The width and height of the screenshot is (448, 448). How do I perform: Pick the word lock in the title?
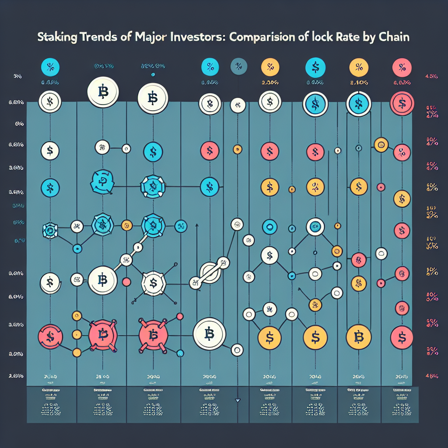pyautogui.click(x=324, y=37)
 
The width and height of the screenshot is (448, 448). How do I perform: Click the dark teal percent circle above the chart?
pyautogui.click(x=238, y=66)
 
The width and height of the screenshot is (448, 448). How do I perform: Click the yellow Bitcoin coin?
pyautogui.click(x=358, y=337)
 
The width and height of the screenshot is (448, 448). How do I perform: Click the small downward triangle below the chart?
pyautogui.click(x=238, y=400)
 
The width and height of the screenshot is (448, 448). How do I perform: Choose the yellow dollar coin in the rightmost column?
pyautogui.click(x=402, y=199)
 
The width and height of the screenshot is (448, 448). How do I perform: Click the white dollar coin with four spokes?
pyautogui.click(x=153, y=283)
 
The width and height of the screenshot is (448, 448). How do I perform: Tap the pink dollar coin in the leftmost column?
pyautogui.click(x=50, y=336)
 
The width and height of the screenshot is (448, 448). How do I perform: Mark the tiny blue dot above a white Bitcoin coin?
pyautogui.click(x=153, y=74)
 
